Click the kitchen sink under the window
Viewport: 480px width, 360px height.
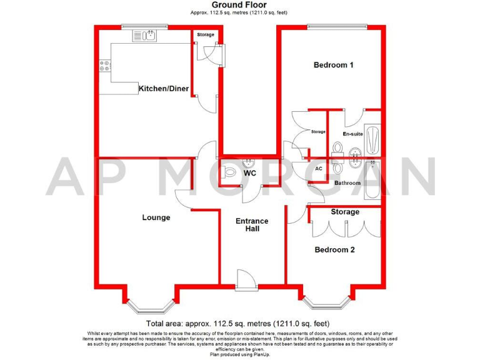tap(144, 36)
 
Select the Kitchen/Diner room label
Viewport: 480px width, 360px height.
tap(163, 89)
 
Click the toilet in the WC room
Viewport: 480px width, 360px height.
tap(229, 172)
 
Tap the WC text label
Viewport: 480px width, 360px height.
tap(250, 172)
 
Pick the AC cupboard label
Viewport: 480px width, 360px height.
tap(318, 169)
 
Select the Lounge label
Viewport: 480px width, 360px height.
tap(156, 217)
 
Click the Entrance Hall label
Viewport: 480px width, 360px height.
tap(252, 225)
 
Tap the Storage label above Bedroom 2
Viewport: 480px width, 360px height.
tap(345, 212)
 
